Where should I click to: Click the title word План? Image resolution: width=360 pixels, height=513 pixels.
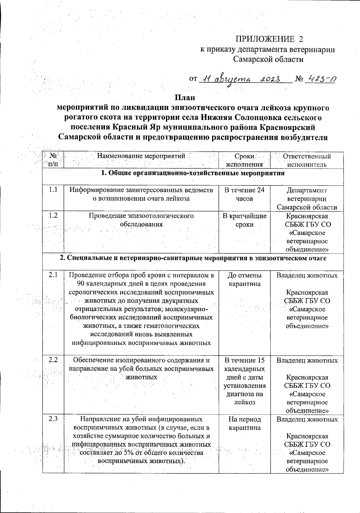[185, 98]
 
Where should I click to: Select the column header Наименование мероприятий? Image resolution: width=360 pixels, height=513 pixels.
[141, 156]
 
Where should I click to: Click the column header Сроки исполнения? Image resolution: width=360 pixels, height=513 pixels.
[244, 160]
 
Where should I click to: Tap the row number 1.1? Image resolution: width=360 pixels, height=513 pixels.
[53, 190]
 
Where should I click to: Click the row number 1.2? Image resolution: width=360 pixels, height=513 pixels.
[53, 216]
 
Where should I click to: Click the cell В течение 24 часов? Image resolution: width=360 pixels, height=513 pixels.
[244, 195]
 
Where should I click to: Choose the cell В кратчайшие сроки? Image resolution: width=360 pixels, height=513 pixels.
[244, 220]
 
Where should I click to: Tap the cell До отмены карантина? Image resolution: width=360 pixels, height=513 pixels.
[244, 279]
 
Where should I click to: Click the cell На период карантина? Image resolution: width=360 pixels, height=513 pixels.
[244, 424]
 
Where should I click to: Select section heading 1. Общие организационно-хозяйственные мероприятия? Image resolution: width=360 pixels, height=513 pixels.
[193, 173]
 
